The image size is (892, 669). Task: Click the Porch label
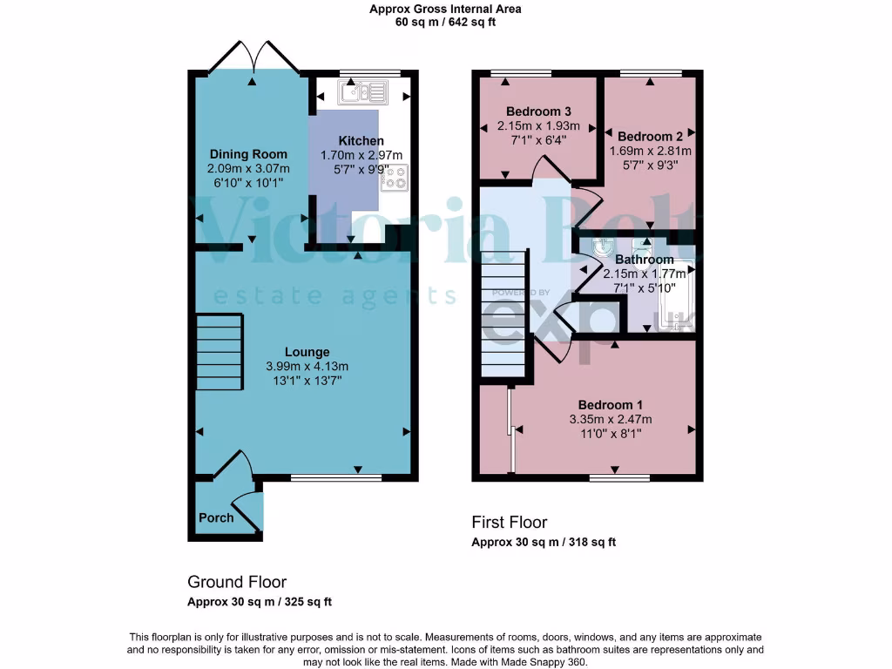tap(216, 517)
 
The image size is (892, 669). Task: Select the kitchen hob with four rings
tap(394, 177)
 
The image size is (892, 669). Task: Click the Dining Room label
tap(235, 154)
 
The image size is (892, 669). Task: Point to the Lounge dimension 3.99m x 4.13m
tap(307, 366)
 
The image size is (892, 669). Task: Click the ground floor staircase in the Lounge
tap(219, 353)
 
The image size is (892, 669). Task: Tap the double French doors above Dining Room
tap(253, 58)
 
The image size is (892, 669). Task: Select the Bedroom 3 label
tap(538, 111)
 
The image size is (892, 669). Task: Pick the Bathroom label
tap(645, 260)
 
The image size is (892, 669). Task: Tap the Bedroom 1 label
tap(611, 405)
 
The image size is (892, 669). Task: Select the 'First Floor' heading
tap(510, 523)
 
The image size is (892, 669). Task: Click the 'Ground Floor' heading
tap(237, 582)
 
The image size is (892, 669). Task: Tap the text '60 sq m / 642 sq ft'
tap(445, 23)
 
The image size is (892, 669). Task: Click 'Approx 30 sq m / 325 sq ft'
tap(260, 602)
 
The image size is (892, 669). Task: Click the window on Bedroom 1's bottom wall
tap(618, 477)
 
